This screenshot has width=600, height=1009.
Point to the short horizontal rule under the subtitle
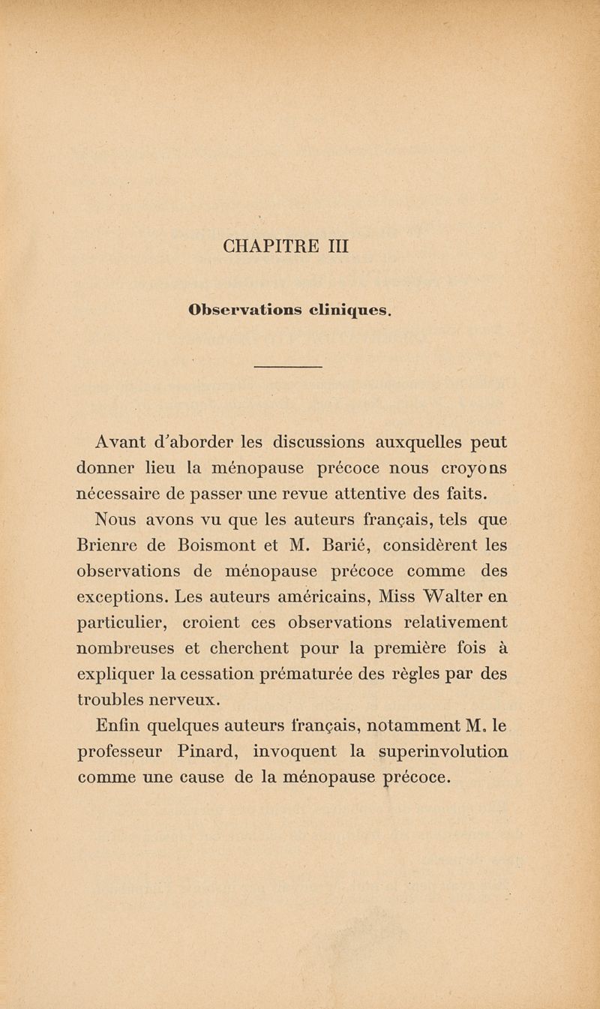[x=289, y=367]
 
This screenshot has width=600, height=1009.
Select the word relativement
[x=445, y=623]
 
